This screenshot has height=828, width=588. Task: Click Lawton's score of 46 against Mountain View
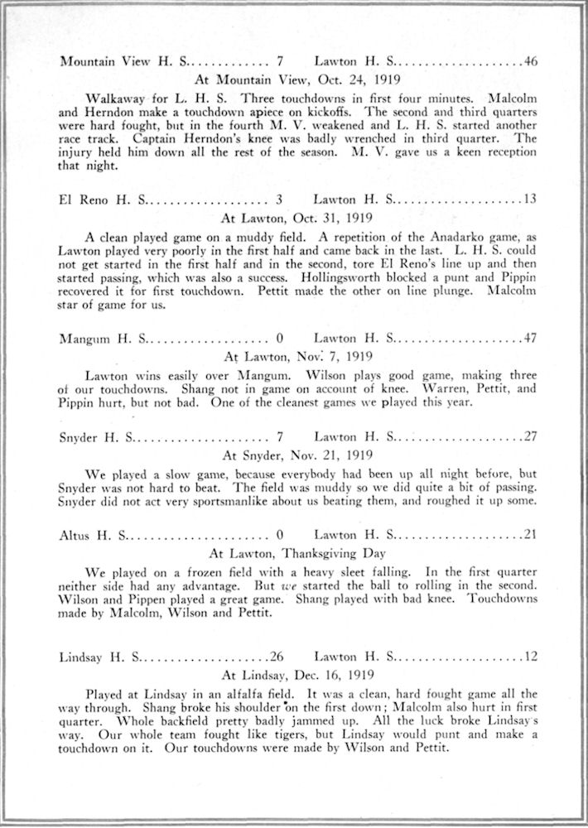pyautogui.click(x=531, y=61)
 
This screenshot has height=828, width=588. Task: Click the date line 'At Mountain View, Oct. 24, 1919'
pyautogui.click(x=297, y=80)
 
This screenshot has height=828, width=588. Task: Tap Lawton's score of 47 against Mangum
pyautogui.click(x=531, y=338)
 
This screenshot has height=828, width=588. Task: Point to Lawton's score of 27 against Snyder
pyautogui.click(x=531, y=436)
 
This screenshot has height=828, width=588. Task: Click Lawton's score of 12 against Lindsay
pyautogui.click(x=531, y=657)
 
